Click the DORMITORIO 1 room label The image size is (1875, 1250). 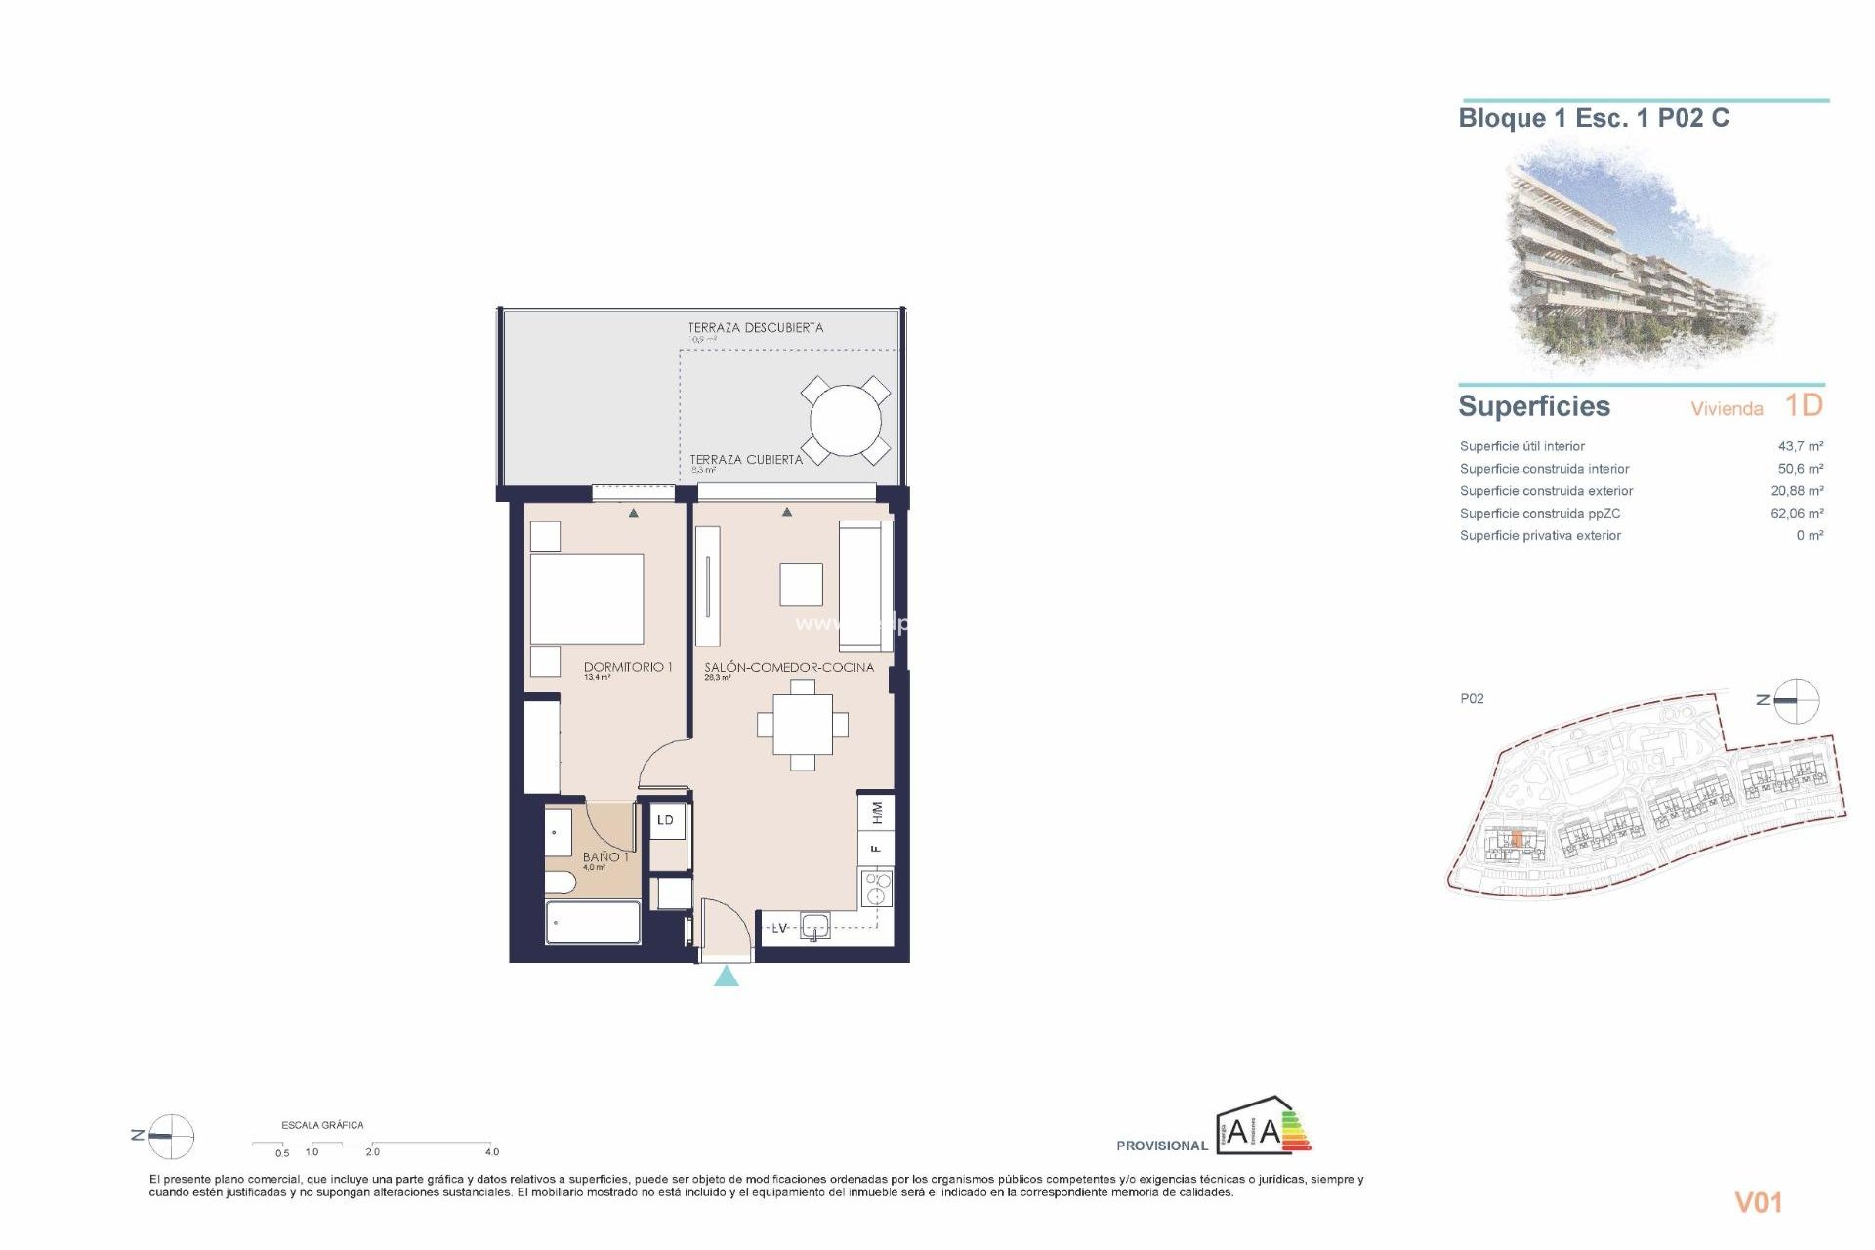pos(627,667)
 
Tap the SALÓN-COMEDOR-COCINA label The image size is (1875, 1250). pos(788,667)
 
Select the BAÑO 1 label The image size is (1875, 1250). pos(604,856)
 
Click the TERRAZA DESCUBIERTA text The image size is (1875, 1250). pos(755,328)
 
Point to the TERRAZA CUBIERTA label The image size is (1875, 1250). pos(745,459)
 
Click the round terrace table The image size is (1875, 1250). pos(845,421)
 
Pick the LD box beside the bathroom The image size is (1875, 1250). pos(665,820)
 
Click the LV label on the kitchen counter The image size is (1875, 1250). pos(779,928)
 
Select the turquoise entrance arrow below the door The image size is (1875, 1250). pos(726,977)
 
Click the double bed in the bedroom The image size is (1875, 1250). pos(586,598)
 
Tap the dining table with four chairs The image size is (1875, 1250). pos(803,725)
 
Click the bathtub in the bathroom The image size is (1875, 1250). pos(592,923)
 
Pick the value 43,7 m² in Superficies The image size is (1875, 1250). pos(1800,446)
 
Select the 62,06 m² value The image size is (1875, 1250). pos(1796,513)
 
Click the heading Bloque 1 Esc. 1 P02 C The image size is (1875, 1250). pos(1593,118)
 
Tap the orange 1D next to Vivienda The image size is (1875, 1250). pos(1803,405)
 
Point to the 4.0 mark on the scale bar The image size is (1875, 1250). pos(491,1152)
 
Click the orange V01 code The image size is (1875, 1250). pos(1758,1202)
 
